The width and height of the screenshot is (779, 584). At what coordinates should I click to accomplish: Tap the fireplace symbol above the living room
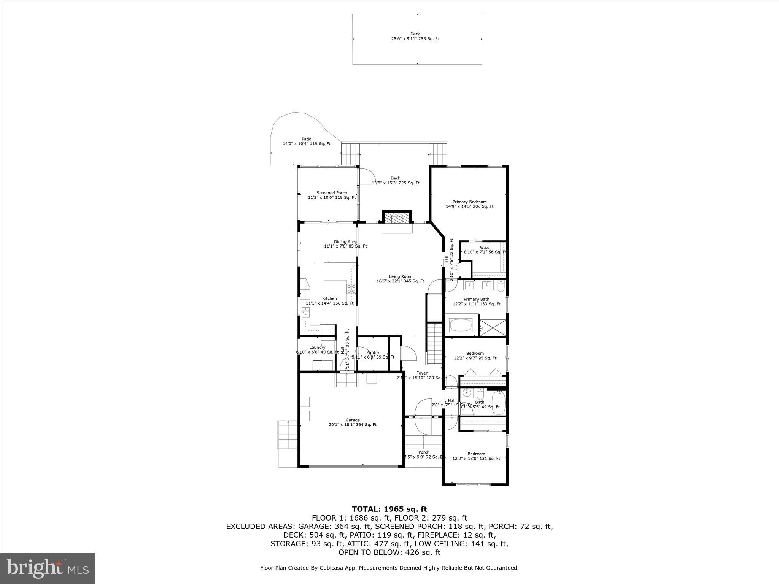[x=397, y=218]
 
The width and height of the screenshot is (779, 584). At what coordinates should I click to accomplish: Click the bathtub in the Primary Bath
[x=461, y=325]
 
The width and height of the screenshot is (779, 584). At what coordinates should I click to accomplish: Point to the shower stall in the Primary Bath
[x=493, y=328]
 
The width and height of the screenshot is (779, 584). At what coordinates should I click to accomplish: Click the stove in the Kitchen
[x=351, y=289]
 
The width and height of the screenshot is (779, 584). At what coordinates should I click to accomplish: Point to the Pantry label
[x=373, y=353]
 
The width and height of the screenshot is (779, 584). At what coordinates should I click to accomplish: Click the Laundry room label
[x=317, y=348]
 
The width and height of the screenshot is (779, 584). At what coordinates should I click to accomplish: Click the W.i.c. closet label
[x=485, y=248]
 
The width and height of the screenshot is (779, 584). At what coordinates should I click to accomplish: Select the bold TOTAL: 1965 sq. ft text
[x=389, y=509]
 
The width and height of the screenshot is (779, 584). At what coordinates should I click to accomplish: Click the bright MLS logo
[x=48, y=568]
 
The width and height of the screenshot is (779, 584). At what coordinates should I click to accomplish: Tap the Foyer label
[x=421, y=373]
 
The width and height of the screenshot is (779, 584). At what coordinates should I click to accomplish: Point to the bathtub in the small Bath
[x=498, y=403]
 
